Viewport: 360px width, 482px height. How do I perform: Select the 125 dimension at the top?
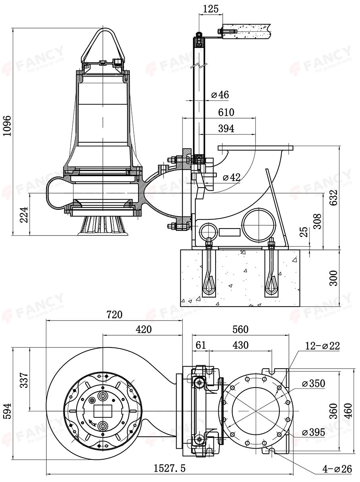pos(210,9)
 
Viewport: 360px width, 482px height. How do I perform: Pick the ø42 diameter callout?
pos(231,177)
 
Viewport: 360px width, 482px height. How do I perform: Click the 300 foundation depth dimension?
pos(333,278)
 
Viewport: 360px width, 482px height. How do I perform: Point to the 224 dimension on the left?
pos(24,214)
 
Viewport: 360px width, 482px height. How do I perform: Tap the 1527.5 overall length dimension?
pos(169,469)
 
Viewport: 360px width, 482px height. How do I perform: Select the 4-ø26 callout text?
pos(337,469)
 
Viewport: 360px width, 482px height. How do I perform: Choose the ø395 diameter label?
pos(313,432)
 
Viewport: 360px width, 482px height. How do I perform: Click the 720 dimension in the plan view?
pos(114,315)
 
